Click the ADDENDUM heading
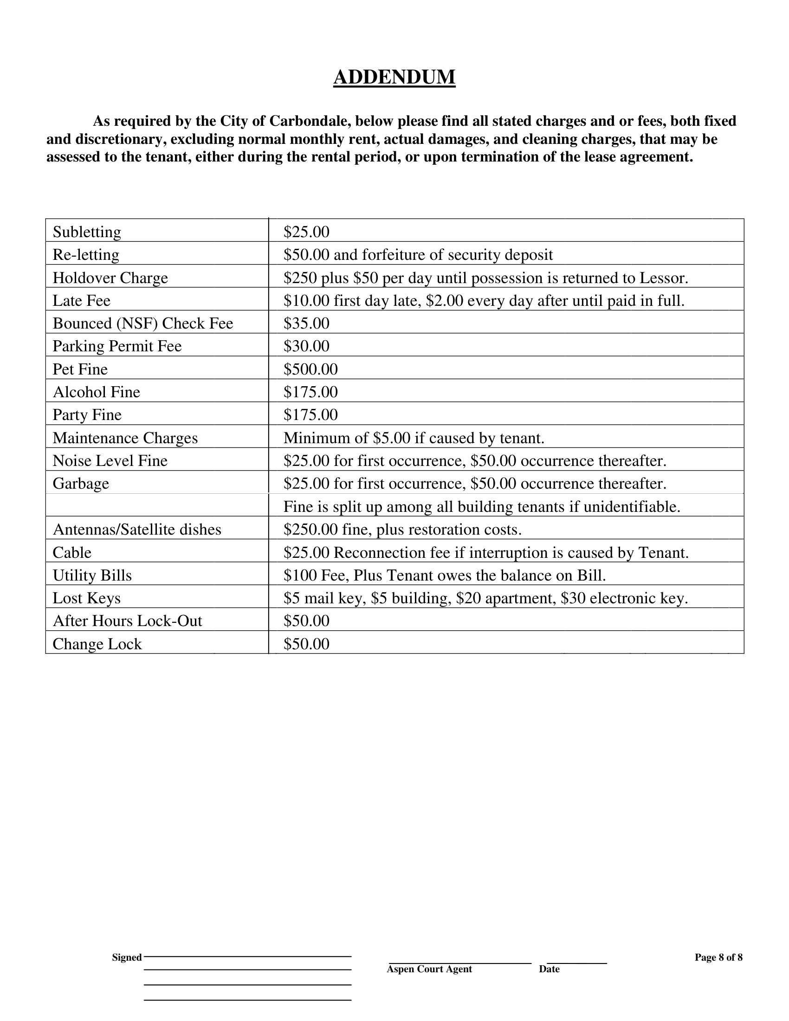tap(394, 77)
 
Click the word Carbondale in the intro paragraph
tap(310, 121)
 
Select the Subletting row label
tap(86, 232)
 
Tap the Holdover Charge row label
tap(110, 278)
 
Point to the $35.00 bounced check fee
tap(306, 323)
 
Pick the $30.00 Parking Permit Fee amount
tap(306, 346)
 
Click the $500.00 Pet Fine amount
tap(310, 369)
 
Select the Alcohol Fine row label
tap(96, 392)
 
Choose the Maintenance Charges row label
tap(125, 438)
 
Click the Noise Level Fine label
tap(110, 460)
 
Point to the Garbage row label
tap(80, 483)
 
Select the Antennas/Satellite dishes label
tap(137, 529)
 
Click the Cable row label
tap(72, 553)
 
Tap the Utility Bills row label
tap(92, 575)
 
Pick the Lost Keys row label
tap(86, 598)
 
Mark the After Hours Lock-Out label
tap(127, 621)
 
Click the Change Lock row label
tap(97, 644)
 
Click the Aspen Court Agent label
tap(429, 969)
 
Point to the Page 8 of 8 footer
tap(718, 957)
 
